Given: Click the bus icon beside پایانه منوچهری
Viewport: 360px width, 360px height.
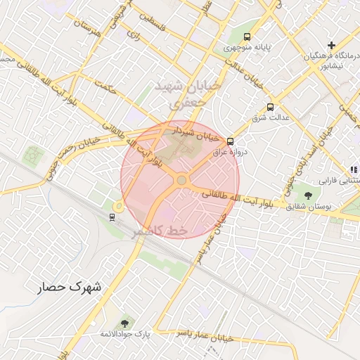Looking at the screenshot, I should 247,37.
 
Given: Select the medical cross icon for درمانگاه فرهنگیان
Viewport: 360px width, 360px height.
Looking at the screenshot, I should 330,45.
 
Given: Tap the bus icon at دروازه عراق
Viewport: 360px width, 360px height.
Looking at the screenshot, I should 231,141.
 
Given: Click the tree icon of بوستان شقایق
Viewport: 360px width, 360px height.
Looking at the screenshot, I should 308,194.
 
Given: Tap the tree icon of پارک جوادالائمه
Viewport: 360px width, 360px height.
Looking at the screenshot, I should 124,323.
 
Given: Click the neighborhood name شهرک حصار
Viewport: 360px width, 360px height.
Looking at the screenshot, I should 70,288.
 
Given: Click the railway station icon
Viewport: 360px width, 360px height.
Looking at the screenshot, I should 112,216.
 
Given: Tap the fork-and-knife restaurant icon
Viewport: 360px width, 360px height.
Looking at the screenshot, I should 354,169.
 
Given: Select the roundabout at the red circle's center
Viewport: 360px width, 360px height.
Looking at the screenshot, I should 181,181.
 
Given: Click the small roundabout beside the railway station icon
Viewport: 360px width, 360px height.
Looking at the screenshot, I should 118,206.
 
